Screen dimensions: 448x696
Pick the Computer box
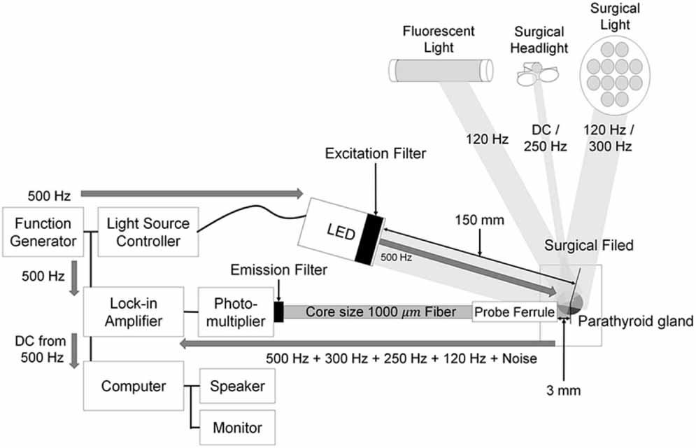pyautogui.click(x=134, y=386)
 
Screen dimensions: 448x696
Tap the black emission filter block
pyautogui.click(x=279, y=311)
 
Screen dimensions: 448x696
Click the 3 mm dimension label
pyautogui.click(x=564, y=388)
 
